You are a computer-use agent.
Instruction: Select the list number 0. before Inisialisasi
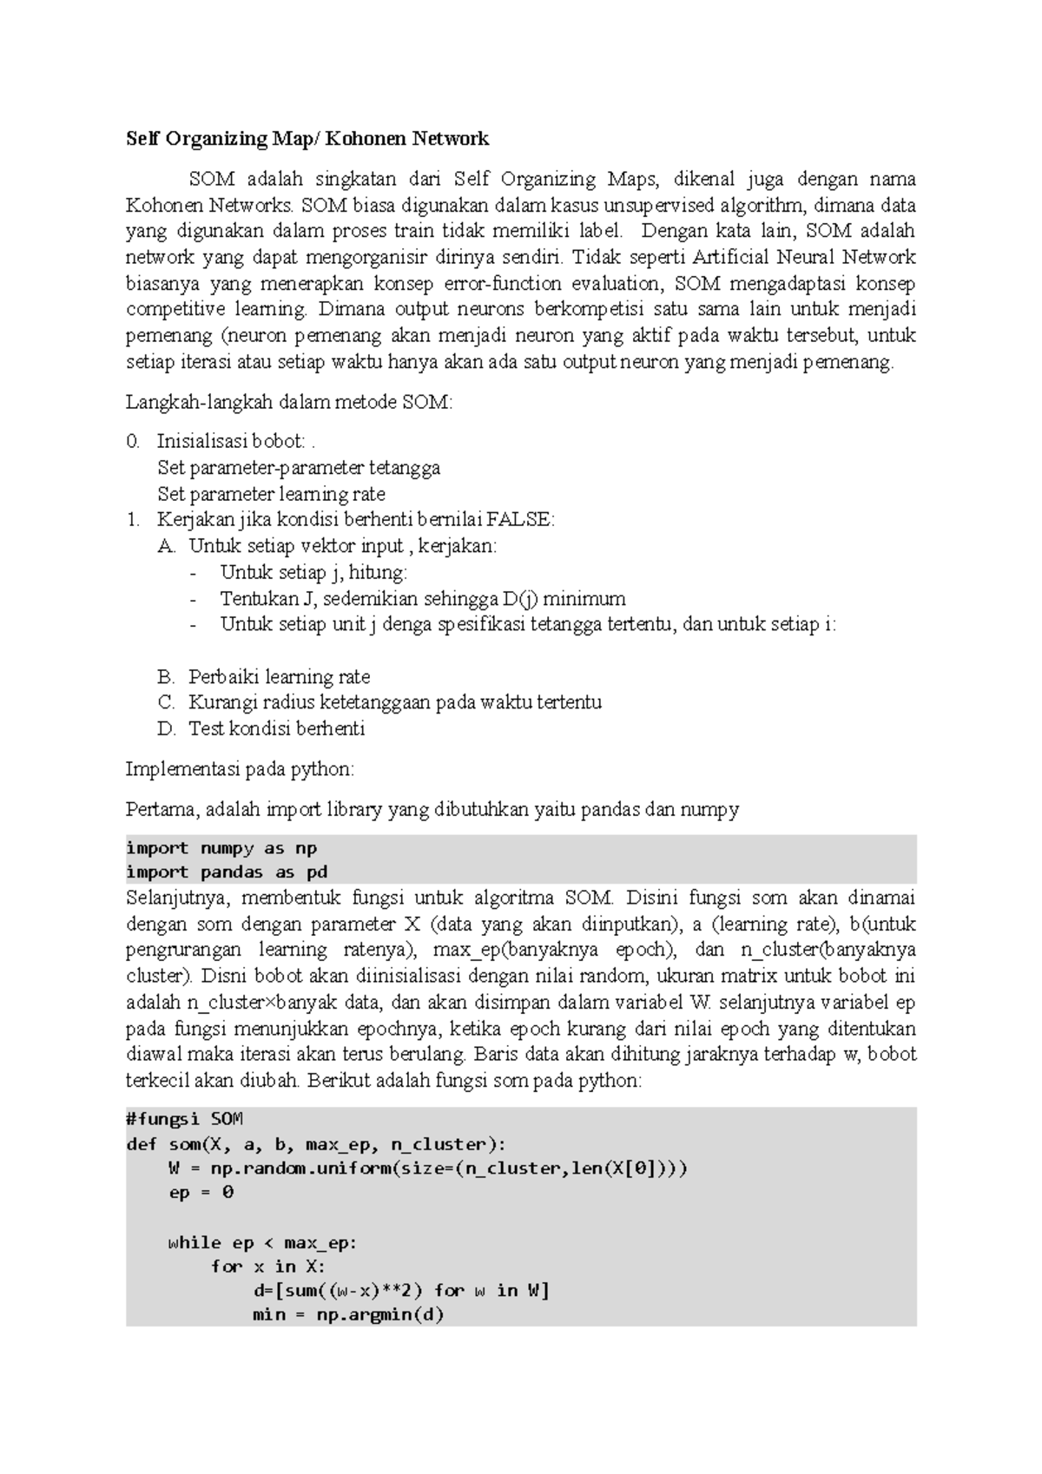[x=133, y=441]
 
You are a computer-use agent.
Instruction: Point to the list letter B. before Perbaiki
[x=167, y=676]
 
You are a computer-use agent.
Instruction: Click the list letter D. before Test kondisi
[x=167, y=728]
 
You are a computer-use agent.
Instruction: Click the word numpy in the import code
[x=227, y=848]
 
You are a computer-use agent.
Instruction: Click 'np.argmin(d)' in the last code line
[x=379, y=1314]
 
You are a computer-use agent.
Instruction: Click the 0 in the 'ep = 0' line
[x=228, y=1192]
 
